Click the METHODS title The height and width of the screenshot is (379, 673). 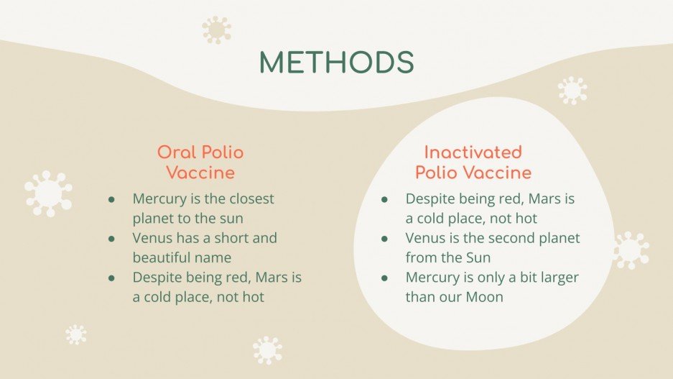tap(336, 63)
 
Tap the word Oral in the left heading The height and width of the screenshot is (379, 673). tap(177, 152)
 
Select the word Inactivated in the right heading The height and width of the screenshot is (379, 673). tap(473, 152)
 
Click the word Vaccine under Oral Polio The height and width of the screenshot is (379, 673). tap(200, 173)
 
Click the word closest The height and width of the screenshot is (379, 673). tap(246, 198)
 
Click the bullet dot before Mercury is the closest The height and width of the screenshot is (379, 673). tap(112, 198)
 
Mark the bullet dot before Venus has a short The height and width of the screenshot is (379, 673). tap(112, 238)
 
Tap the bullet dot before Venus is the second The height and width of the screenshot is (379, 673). tap(385, 238)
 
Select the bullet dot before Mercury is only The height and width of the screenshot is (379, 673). tap(385, 278)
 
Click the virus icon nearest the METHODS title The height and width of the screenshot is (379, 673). tap(216, 29)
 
